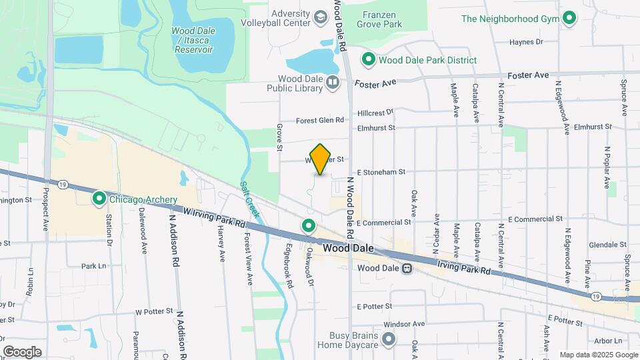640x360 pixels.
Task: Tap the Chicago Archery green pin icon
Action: pos(99,199)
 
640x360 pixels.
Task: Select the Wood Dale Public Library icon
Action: pos(333,82)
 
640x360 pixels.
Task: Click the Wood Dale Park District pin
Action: pos(367,60)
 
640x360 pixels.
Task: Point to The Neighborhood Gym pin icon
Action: pos(569,18)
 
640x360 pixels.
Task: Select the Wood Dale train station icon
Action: pos(405,268)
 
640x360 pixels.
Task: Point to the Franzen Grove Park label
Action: pos(382,19)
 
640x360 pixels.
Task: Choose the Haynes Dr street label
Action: pos(526,42)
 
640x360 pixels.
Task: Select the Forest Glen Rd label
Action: pos(320,121)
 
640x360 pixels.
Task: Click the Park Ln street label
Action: pos(94,265)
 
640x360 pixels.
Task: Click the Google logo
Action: pos(22,351)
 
